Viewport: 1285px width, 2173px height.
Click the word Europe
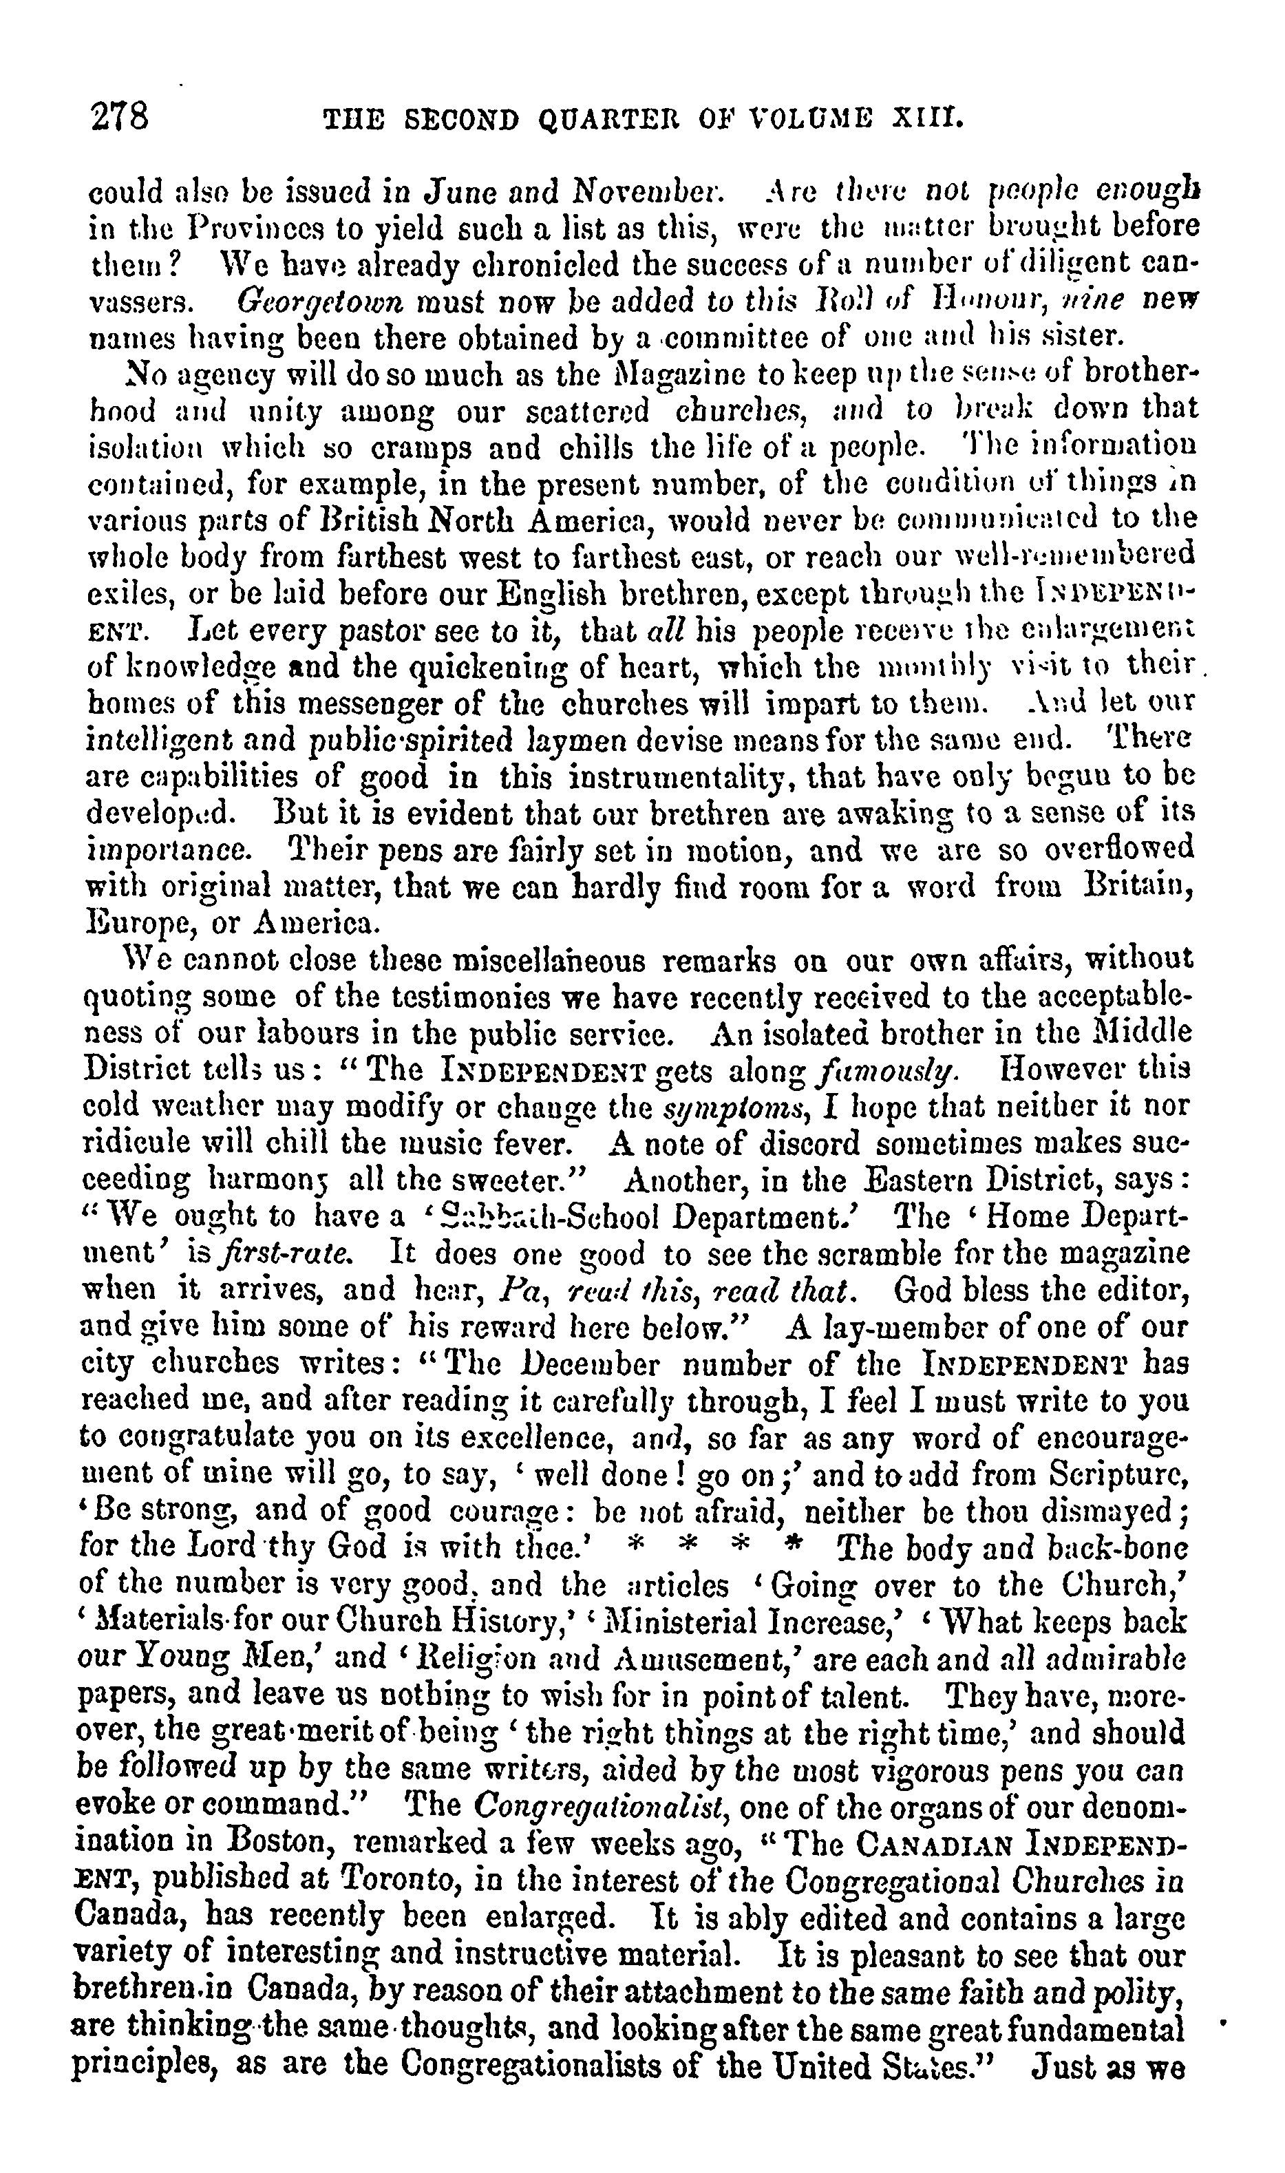pos(130,923)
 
